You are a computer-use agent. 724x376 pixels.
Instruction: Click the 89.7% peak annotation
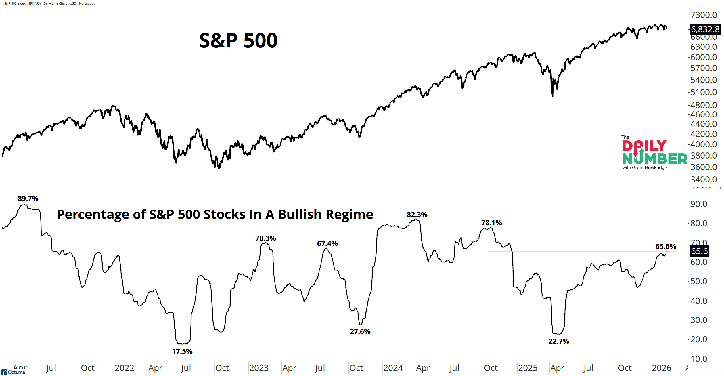(x=28, y=199)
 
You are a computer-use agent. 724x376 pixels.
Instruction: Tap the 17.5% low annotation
(x=182, y=351)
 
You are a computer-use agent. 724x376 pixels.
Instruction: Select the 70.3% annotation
(x=265, y=238)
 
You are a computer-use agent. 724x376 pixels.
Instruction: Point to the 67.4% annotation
(x=327, y=244)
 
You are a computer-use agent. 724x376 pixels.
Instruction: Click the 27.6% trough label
(x=360, y=331)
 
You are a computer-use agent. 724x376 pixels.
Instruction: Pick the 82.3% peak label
(x=417, y=215)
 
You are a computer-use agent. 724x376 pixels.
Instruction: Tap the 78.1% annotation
(x=491, y=223)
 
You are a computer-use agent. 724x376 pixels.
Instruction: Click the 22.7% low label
(x=559, y=341)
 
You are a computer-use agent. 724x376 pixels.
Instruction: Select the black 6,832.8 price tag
(x=705, y=29)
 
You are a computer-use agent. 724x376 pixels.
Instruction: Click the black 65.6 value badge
(x=699, y=251)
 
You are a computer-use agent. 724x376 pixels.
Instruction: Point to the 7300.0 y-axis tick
(x=704, y=15)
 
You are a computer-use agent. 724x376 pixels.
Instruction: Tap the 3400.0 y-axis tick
(x=704, y=180)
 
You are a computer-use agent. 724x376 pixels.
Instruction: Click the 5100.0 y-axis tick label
(x=704, y=92)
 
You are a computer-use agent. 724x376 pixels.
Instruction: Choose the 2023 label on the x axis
(x=259, y=368)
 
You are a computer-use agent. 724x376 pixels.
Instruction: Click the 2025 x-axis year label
(x=528, y=368)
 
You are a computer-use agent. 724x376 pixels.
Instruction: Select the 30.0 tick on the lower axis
(x=699, y=320)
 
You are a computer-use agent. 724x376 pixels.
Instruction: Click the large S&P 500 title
(x=238, y=40)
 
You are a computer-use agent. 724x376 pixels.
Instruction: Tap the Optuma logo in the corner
(x=14, y=372)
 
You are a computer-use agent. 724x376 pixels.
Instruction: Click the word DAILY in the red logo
(x=644, y=146)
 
